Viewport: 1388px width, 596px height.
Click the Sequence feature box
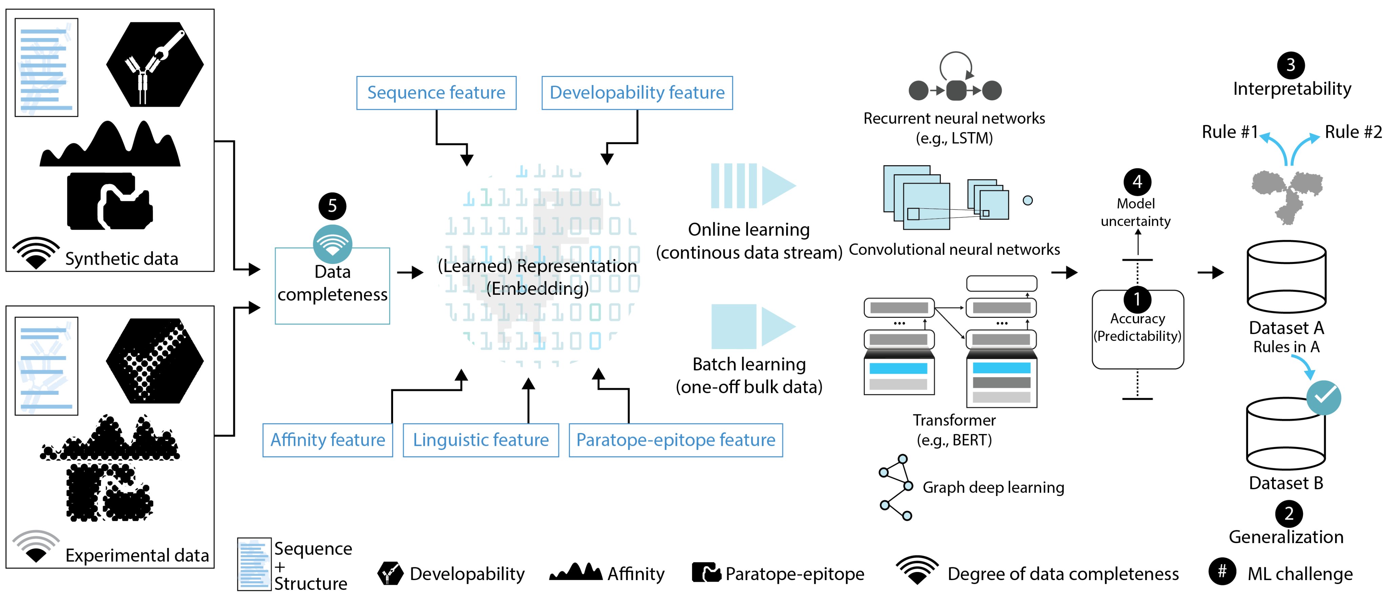pyautogui.click(x=436, y=93)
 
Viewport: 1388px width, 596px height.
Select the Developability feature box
pyautogui.click(x=637, y=93)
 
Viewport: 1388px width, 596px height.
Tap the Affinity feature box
pyautogui.click(x=328, y=440)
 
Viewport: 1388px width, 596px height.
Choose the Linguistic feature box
pyautogui.click(x=481, y=440)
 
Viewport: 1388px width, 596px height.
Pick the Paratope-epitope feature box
pyautogui.click(x=676, y=440)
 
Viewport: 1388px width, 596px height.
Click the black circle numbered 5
pyautogui.click(x=332, y=206)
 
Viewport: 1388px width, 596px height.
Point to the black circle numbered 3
pyautogui.click(x=1290, y=65)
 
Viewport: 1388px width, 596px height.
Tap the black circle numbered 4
pyautogui.click(x=1137, y=182)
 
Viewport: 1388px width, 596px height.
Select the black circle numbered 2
pyautogui.click(x=1288, y=514)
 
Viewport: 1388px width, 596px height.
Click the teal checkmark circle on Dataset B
pyautogui.click(x=1323, y=398)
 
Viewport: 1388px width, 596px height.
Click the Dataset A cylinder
pyautogui.click(x=1286, y=278)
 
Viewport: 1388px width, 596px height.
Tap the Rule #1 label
pyautogui.click(x=1230, y=132)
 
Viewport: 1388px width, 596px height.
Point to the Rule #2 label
pyautogui.click(x=1353, y=132)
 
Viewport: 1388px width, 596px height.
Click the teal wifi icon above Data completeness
pyautogui.click(x=332, y=244)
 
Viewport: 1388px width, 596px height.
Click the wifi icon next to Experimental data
pyautogui.click(x=36, y=546)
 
